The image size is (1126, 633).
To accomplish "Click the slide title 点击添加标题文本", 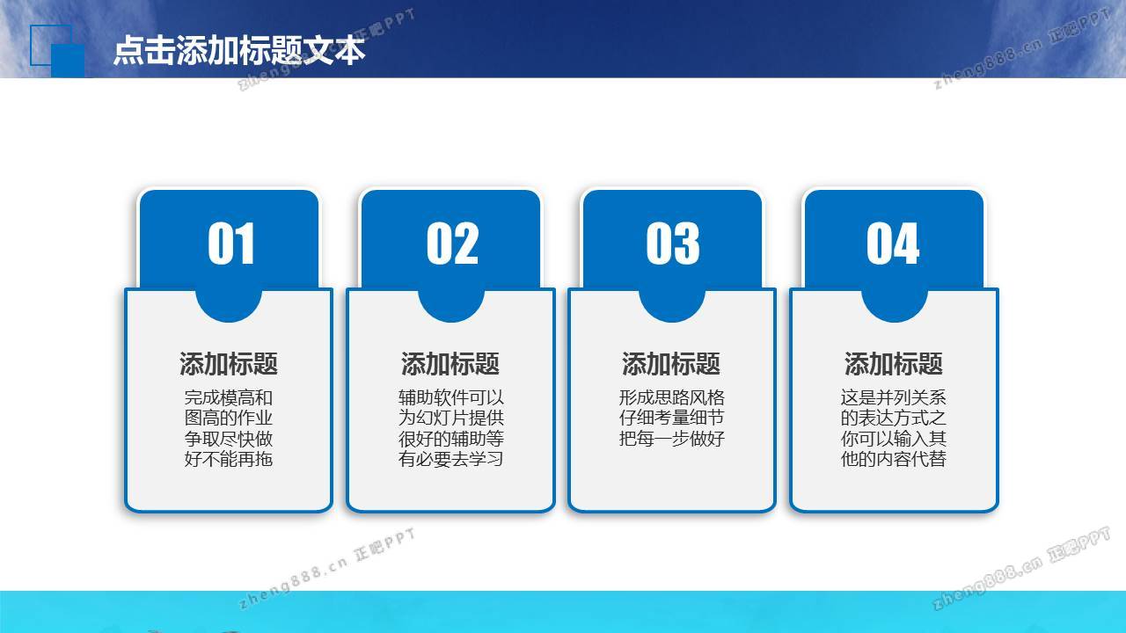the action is [239, 50].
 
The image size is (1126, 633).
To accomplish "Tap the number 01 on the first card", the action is [230, 244].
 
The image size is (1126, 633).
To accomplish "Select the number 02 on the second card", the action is [452, 244].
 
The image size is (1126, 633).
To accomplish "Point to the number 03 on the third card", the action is [673, 244].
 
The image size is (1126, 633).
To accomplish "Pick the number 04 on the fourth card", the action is [893, 244].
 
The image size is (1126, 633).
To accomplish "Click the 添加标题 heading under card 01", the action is [229, 364].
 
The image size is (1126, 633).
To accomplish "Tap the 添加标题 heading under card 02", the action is [450, 364].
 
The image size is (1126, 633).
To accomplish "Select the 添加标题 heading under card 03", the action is [671, 364].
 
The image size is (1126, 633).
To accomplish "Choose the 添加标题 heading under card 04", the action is [893, 364].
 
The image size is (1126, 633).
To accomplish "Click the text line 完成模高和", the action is [229, 398].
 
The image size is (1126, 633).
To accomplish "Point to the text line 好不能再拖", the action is [229, 459].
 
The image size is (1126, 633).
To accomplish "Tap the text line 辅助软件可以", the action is [451, 398].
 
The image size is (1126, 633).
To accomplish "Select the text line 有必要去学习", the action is [451, 459].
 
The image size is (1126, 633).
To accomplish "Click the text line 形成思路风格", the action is [671, 398].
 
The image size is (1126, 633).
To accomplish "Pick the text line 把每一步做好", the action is [671, 439].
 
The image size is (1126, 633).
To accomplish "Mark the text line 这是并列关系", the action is [893, 398].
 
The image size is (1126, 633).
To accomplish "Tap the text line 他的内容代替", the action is [893, 459].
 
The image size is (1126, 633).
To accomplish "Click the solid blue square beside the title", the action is [68, 61].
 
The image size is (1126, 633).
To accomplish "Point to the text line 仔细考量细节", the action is [671, 418].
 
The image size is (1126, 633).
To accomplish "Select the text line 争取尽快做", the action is [229, 439].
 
